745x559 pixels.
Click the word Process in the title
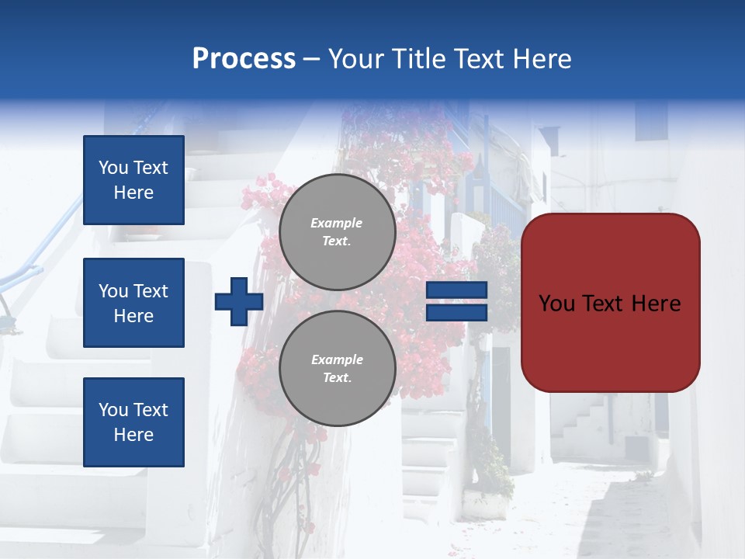coord(244,58)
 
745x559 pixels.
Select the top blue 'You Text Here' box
coord(133,180)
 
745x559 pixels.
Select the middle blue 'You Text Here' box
coord(133,303)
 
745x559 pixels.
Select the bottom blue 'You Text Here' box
coord(133,422)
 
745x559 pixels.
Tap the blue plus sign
coord(239,302)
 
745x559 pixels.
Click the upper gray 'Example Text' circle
coord(337,232)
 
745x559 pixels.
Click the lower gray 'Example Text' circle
coord(337,369)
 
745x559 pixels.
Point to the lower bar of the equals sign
coord(456,313)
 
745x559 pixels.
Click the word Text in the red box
coord(610,303)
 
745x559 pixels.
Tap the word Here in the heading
coord(543,58)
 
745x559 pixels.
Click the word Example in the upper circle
coord(336,223)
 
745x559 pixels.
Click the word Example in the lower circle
coord(336,359)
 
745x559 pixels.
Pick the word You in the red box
coord(556,303)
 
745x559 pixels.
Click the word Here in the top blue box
coord(133,193)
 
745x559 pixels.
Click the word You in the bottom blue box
coord(113,410)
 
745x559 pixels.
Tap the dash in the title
coord(311,59)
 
